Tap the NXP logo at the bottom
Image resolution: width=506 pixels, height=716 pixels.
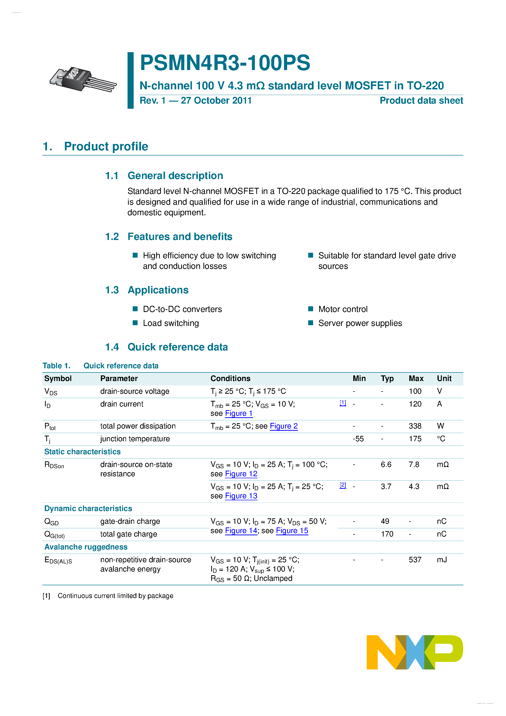point(414,652)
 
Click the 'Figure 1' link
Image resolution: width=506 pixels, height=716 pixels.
point(239,414)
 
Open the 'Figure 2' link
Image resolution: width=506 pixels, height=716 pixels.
point(283,426)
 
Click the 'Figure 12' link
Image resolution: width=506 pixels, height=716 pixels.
point(241,474)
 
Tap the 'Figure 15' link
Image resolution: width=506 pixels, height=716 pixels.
point(292,531)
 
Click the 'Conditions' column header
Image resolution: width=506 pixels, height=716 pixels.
point(230,379)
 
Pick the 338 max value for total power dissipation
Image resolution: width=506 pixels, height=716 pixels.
point(415,426)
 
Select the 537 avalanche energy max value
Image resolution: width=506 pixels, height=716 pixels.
point(415,560)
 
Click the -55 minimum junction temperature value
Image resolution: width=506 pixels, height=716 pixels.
point(358,439)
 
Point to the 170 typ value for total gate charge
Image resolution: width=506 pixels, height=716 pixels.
point(387,534)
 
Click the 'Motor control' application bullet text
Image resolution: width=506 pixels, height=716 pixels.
point(343,309)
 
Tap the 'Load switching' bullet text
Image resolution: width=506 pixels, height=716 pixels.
point(171,323)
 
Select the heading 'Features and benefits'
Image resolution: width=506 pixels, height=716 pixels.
point(180,237)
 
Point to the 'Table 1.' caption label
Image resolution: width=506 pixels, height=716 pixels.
point(57,366)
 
